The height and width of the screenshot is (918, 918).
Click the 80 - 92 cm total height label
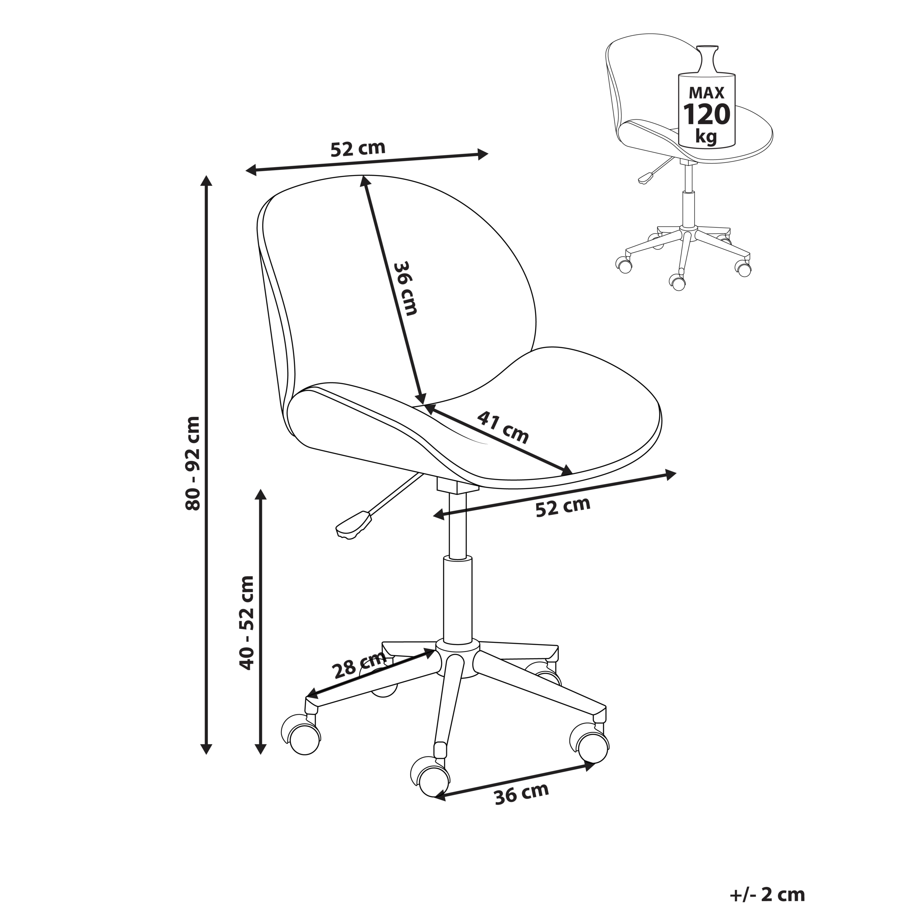click(x=193, y=463)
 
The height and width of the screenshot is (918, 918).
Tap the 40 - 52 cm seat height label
click(x=247, y=623)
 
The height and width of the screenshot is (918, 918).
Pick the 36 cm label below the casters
click(x=521, y=794)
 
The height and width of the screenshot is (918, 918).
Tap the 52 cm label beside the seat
click(x=563, y=507)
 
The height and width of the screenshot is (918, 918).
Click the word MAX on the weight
click(x=706, y=92)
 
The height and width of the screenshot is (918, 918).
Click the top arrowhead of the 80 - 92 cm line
click(x=206, y=181)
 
